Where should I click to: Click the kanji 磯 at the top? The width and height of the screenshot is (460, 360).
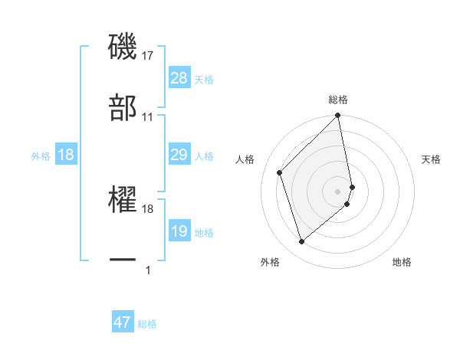[123, 47]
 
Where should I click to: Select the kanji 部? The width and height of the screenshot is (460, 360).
[123, 108]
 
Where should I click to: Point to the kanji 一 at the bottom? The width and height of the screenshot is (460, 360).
[123, 260]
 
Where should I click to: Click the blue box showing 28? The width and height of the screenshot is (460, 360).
[179, 77]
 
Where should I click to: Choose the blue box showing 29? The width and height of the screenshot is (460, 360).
[179, 155]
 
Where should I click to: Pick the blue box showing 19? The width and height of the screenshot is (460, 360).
[179, 231]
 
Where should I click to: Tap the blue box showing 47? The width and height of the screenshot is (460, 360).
[123, 322]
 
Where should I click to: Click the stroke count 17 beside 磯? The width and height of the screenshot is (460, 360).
[148, 56]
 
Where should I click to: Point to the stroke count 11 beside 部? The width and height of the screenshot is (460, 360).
[148, 117]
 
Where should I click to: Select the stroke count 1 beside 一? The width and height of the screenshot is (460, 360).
[148, 270]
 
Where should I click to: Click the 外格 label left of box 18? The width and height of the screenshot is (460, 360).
[41, 155]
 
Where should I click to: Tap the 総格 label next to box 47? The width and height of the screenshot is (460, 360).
[147, 324]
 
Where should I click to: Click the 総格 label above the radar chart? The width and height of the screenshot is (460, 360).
[338, 100]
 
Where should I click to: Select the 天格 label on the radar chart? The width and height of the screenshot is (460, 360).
[432, 159]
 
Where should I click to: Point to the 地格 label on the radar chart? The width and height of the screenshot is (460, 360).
[402, 262]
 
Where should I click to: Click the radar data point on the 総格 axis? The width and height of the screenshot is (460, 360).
[338, 116]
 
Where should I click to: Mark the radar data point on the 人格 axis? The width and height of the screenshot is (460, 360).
[280, 172]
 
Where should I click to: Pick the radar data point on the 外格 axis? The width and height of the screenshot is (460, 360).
[301, 242]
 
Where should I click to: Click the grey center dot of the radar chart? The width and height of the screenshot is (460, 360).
[338, 191]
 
